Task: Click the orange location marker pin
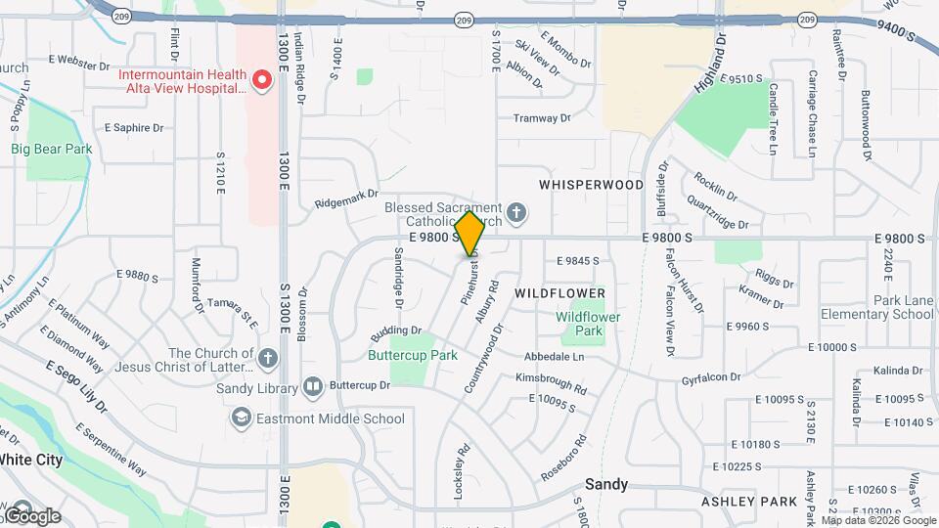tap(470, 233)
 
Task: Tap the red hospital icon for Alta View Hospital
tap(261, 80)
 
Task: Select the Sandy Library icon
tap(312, 387)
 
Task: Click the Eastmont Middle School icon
tap(240, 418)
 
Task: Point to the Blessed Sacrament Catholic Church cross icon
tap(517, 211)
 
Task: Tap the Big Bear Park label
tap(51, 149)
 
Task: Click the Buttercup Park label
tap(413, 355)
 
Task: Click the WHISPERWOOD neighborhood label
tap(591, 185)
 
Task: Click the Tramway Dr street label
tap(542, 118)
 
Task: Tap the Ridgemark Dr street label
tap(345, 200)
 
